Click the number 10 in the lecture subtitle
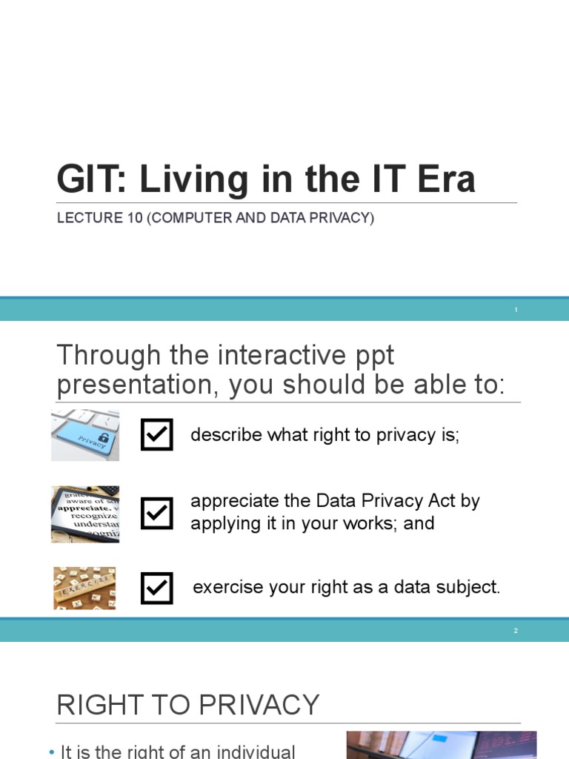135,218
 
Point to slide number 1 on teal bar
516,310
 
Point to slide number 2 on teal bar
516,631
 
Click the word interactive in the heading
282,355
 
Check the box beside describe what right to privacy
157,434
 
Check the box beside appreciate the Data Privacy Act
157,513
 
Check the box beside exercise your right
157,588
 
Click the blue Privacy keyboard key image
85,435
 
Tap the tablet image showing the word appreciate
85,514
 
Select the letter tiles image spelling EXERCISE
84,588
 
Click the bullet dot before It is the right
52,752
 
